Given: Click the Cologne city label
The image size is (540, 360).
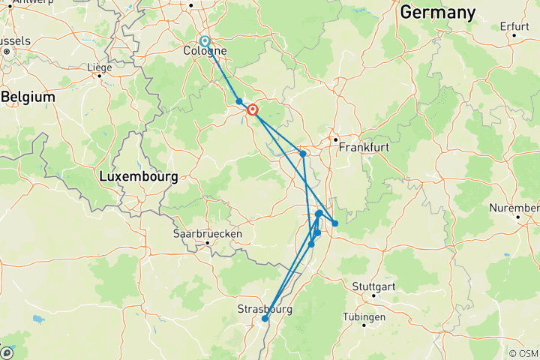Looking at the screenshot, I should click(205, 52).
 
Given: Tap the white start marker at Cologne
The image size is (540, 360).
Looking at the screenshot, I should click(205, 41).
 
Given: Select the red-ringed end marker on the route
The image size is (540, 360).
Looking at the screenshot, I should click(253, 109).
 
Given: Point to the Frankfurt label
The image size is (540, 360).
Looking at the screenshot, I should click(364, 148).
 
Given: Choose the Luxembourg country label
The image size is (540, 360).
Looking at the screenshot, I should click(138, 177).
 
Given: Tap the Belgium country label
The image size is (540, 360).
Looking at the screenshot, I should click(28, 97).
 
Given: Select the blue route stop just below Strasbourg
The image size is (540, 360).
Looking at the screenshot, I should click(265, 319).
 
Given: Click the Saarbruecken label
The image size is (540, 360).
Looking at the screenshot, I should click(208, 233).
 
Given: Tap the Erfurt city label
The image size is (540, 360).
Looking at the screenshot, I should click(514, 26).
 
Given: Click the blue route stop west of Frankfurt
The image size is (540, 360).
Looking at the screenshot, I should click(303, 154).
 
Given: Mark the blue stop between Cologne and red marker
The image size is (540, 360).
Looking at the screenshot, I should click(239, 101).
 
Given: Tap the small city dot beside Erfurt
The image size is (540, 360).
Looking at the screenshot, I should click(514, 35).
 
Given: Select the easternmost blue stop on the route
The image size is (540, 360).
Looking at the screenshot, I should click(335, 223).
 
